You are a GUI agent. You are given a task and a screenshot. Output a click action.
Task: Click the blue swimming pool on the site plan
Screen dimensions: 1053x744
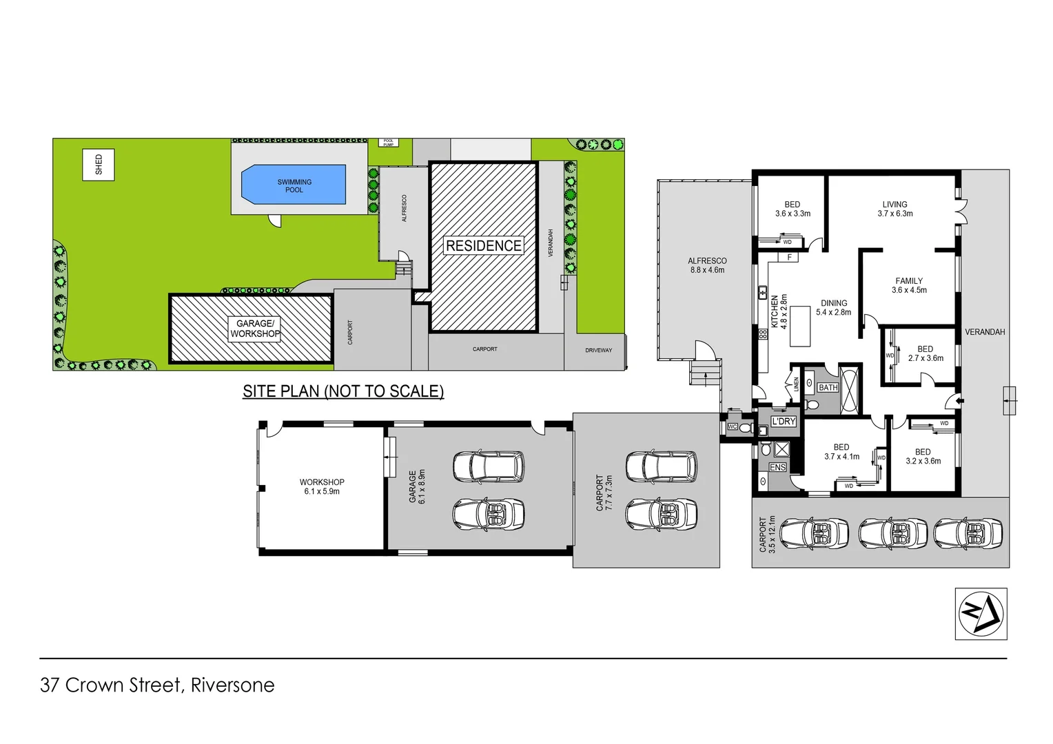pyautogui.click(x=294, y=185)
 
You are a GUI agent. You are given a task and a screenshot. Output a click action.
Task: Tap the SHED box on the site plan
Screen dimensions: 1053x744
pyautogui.click(x=99, y=164)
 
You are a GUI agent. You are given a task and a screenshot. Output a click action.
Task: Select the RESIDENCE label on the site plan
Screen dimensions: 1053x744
pyautogui.click(x=483, y=246)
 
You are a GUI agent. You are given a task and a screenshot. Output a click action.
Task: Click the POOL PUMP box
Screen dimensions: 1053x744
pyautogui.click(x=388, y=143)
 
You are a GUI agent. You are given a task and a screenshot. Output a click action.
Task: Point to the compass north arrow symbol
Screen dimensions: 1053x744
pyautogui.click(x=981, y=613)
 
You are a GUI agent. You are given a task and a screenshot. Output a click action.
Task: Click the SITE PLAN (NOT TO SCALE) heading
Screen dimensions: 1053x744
pyautogui.click(x=343, y=391)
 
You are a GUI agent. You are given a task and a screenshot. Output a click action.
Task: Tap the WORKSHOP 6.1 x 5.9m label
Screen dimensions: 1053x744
pyautogui.click(x=322, y=487)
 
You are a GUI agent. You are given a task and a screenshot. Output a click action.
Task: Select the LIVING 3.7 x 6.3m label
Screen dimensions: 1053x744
pyautogui.click(x=894, y=209)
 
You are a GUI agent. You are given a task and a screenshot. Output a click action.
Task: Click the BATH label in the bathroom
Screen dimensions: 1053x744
pyautogui.click(x=828, y=388)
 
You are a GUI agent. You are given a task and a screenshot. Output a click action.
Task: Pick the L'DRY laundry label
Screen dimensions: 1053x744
pyautogui.click(x=784, y=422)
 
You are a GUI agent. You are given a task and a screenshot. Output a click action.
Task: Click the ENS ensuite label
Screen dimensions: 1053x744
pyautogui.click(x=777, y=467)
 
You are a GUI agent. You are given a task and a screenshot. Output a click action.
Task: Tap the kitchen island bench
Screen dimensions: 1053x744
pyautogui.click(x=799, y=327)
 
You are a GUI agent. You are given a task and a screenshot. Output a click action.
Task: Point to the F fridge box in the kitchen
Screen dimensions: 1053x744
pyautogui.click(x=789, y=257)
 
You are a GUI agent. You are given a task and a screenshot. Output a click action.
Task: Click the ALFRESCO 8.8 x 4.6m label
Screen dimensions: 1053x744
pyautogui.click(x=707, y=265)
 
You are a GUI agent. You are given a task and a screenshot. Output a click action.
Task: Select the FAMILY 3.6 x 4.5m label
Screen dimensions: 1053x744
pyautogui.click(x=909, y=285)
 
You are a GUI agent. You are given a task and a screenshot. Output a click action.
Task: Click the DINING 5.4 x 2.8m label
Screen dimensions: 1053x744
pyautogui.click(x=833, y=307)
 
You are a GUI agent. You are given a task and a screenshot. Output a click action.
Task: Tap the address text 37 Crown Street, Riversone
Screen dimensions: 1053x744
pyautogui.click(x=157, y=685)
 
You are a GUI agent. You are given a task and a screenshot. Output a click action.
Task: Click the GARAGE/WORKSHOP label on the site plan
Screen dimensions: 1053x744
pyautogui.click(x=255, y=329)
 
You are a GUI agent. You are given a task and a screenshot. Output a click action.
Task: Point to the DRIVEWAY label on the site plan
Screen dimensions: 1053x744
pyautogui.click(x=598, y=350)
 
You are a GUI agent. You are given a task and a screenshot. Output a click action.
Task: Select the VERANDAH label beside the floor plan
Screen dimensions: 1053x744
pyautogui.click(x=984, y=332)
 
